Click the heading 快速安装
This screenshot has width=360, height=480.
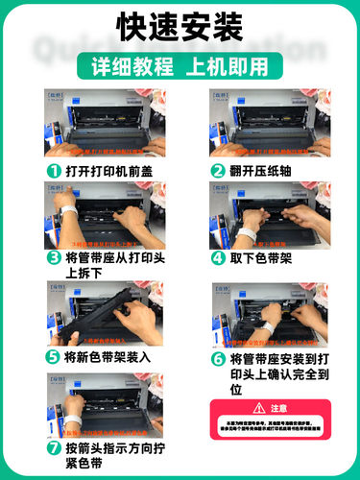(180, 28)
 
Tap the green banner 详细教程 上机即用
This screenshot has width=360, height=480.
(180, 67)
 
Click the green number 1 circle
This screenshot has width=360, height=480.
(53, 170)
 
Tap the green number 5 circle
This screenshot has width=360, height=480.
(53, 356)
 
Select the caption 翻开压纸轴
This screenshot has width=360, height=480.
(257, 170)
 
